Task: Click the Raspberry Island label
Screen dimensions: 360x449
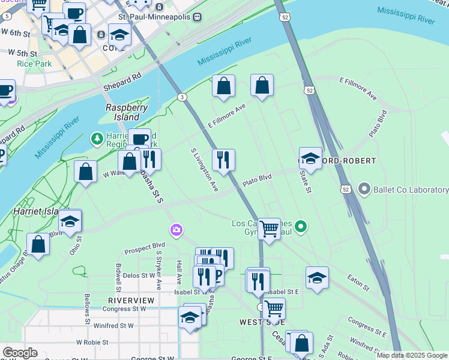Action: point(126,112)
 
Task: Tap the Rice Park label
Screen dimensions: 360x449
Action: point(34,64)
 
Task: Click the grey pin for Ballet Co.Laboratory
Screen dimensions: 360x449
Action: point(364,190)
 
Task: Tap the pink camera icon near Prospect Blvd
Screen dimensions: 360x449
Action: point(176,230)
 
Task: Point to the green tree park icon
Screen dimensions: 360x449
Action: point(97,139)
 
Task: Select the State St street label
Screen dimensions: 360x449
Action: point(305,181)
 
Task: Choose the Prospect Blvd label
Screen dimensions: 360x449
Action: point(144,248)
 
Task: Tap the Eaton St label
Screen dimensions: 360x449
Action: point(358,283)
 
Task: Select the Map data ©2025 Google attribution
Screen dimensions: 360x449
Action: point(412,355)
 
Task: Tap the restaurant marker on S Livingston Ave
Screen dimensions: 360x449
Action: point(223,160)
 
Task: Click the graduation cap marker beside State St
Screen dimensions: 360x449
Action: point(310,158)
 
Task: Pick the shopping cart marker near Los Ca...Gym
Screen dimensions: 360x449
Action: point(269,229)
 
